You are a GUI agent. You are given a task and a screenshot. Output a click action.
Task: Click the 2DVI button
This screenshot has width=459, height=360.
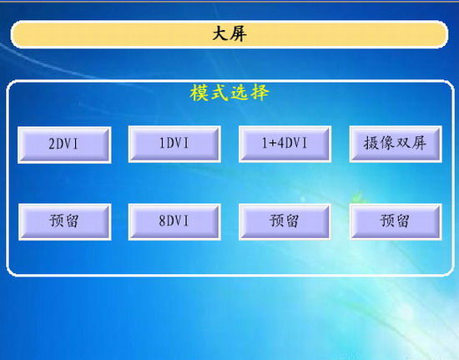tap(64, 145)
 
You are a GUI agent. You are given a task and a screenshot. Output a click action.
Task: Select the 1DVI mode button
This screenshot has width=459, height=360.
tap(174, 145)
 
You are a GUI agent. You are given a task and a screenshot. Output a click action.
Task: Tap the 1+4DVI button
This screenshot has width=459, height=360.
tap(285, 145)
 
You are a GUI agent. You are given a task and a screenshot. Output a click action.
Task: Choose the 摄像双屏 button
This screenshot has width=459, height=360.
tap(396, 145)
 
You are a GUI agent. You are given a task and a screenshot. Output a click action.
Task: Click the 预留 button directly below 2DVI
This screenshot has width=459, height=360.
tap(65, 221)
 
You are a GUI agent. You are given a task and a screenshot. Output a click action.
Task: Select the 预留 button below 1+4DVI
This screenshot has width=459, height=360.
tap(285, 221)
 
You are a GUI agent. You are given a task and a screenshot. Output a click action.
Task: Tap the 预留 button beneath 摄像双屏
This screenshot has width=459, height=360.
tap(396, 221)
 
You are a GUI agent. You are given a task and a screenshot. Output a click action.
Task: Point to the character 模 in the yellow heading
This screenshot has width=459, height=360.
tap(199, 93)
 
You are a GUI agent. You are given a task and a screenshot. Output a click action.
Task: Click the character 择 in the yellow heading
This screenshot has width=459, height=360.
tap(260, 93)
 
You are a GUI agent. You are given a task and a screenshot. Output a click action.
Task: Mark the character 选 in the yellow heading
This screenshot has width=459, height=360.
tap(240, 93)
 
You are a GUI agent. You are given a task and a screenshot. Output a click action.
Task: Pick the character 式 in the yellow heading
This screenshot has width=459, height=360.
tap(219, 93)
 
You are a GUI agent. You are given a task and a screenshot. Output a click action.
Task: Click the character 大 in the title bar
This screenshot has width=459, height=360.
tap(220, 34)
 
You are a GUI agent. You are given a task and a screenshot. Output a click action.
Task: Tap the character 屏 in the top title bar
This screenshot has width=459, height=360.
tap(238, 34)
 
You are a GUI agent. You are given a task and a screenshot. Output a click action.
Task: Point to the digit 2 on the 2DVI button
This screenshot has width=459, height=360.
tap(52, 144)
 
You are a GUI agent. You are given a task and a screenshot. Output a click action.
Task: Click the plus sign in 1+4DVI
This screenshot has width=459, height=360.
tap(273, 143)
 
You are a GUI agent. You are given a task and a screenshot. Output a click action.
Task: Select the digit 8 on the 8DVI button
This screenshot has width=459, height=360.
tap(162, 221)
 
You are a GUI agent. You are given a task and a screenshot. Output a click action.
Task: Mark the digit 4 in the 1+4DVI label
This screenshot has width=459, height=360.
tap(280, 143)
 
